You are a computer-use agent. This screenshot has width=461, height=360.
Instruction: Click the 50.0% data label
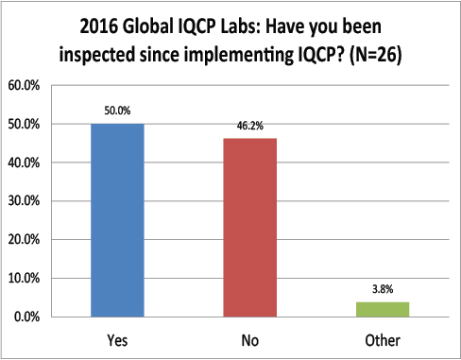pos(117,110)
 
